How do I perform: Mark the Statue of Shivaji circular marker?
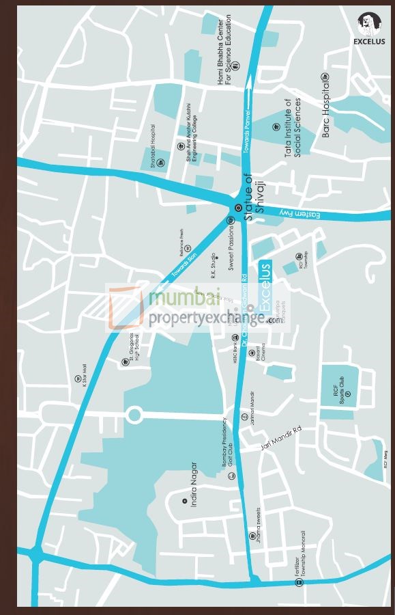click(x=238, y=208)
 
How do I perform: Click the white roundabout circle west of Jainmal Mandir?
click(x=134, y=415)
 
